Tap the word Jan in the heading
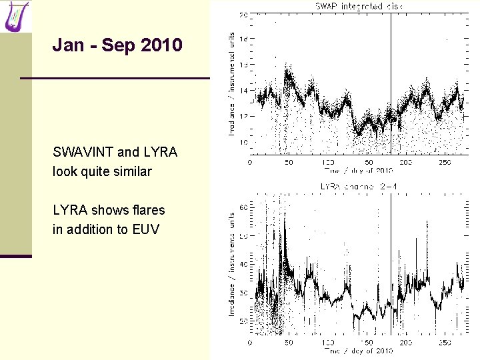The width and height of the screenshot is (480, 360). coord(68,46)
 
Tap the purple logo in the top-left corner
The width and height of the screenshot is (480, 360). coord(16,16)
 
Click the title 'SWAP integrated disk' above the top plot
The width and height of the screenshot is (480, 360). coord(358,6)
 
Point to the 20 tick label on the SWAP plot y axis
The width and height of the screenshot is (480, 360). coord(244,14)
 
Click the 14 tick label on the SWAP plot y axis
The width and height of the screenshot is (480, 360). coord(244,91)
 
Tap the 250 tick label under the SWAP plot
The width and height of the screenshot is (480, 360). coord(444,162)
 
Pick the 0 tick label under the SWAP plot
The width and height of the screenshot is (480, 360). coord(250,162)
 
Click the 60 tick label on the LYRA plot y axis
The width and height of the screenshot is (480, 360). coord(244,208)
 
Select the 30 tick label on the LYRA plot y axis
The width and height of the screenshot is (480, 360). coord(244,293)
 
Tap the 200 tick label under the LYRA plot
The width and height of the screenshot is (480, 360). coord(405,343)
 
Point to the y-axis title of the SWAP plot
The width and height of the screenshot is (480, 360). coord(232,84)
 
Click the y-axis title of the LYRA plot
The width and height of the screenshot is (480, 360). coord(232,264)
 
